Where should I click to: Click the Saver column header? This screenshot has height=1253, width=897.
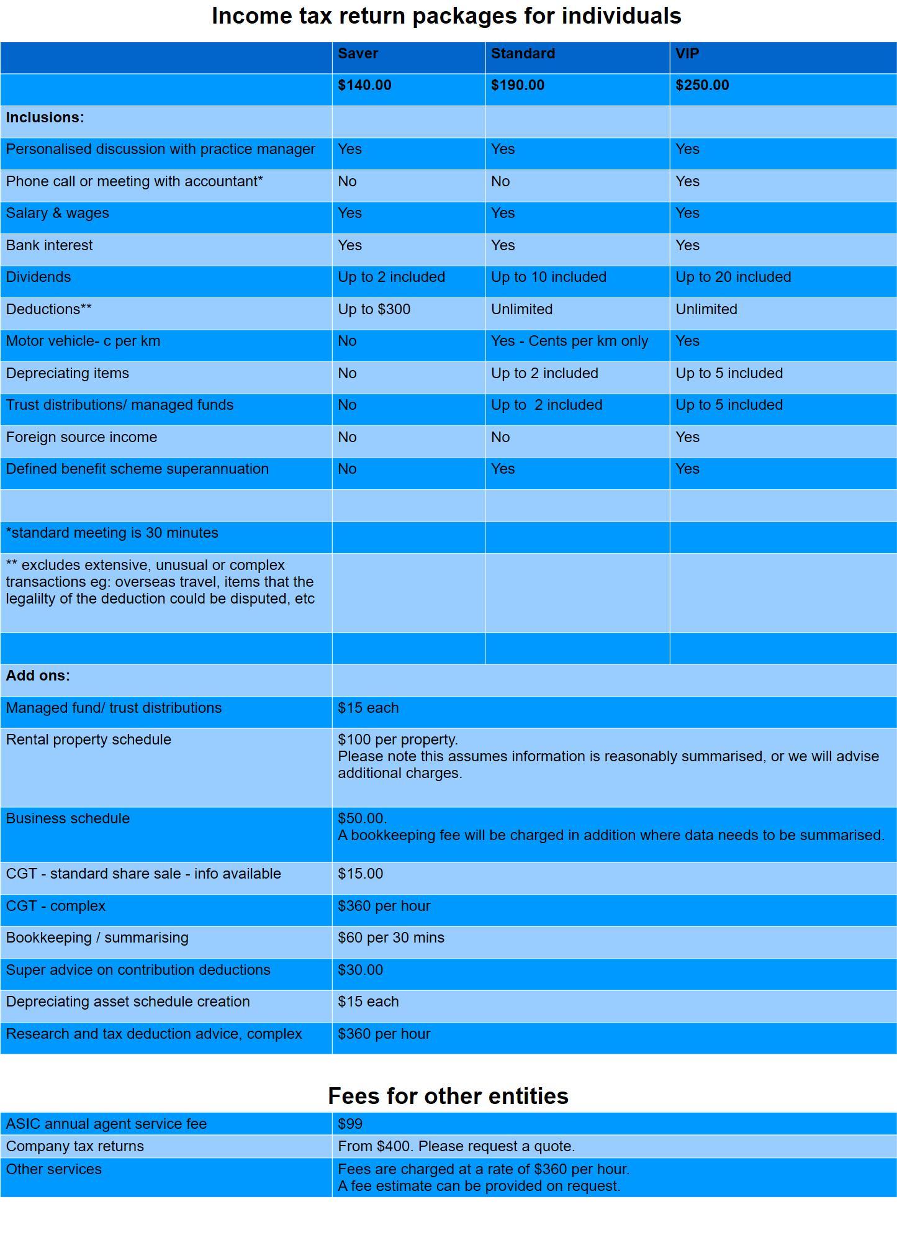pos(358,53)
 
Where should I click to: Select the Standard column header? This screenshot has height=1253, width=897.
pos(523,53)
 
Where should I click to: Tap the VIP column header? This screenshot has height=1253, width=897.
pos(687,53)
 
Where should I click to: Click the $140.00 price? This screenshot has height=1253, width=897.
pos(364,85)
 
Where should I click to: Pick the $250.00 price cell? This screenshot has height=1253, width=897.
pos(702,85)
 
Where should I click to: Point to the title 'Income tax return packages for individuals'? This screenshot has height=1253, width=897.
pos(446,16)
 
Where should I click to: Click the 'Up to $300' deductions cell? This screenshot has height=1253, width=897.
pos(374,309)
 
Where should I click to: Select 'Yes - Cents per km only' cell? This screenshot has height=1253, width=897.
pos(569,341)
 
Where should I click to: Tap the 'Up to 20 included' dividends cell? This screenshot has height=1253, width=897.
pos(733,277)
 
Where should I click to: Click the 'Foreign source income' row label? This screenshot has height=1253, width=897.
pos(81,437)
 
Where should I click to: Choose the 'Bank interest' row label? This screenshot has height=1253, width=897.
pos(49,245)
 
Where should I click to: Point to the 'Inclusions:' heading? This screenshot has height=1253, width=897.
pos(45,117)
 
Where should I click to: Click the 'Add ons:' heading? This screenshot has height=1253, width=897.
pos(38,676)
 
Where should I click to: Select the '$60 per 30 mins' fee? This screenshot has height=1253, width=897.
pos(391,938)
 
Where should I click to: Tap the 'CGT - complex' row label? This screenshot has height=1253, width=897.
pos(56,906)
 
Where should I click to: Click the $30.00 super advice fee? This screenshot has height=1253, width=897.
pos(360,970)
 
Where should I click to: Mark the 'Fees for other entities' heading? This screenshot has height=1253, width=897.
pos(448,1096)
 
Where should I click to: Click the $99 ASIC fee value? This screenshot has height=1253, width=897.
pos(350,1124)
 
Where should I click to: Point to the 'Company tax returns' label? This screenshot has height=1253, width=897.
pos(74,1146)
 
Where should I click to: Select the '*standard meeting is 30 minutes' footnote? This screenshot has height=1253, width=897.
pos(112,533)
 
